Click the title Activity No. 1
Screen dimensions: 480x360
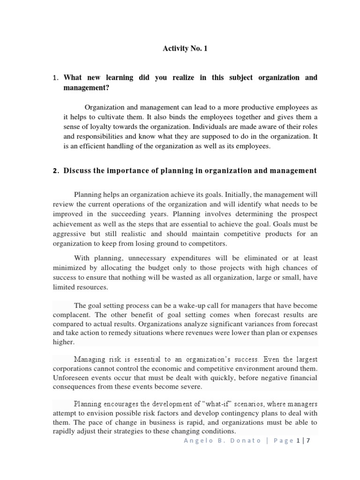point(184,48)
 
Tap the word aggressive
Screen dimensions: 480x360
point(69,233)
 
